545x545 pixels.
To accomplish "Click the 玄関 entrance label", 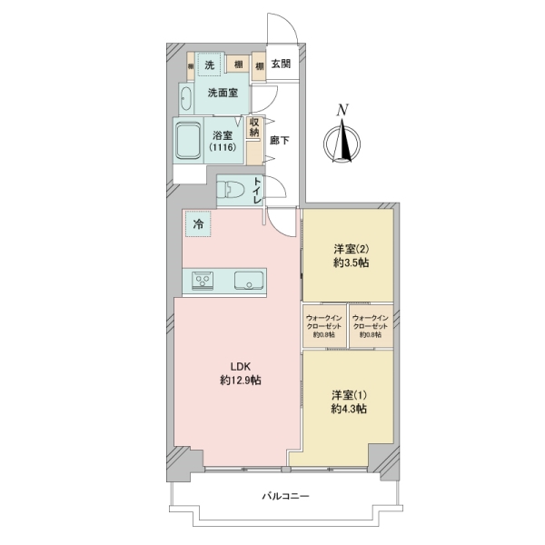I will (281, 64).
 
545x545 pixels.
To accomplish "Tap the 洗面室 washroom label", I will (222, 93).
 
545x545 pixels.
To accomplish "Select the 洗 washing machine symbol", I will (210, 64).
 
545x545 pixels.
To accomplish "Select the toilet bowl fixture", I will (232, 192).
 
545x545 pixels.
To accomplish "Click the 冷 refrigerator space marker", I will (196, 222).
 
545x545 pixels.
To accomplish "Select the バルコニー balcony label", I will (286, 497).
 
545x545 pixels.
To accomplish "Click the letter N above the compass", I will (342, 110).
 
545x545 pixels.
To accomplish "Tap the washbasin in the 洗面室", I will (186, 97).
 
